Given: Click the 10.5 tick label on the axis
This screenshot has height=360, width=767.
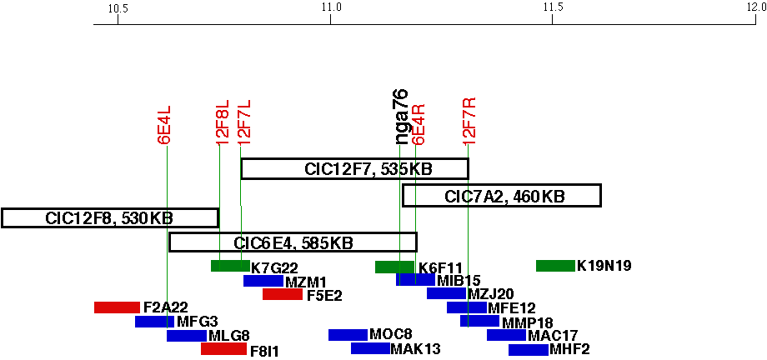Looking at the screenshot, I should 118,8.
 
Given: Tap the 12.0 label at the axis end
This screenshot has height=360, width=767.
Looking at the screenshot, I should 756,8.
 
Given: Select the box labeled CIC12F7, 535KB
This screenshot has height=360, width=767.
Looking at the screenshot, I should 354,168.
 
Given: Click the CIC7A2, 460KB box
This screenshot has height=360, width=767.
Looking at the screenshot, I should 502,196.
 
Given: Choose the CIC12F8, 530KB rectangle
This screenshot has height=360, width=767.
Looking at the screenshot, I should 110,217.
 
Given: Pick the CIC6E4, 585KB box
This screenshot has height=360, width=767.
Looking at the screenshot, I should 293,242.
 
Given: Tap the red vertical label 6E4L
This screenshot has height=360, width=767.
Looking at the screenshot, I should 165,125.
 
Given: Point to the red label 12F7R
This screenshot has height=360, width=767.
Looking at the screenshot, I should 469,121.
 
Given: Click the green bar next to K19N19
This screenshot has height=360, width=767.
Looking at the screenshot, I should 555,266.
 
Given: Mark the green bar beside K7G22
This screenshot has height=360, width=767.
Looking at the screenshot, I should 230,266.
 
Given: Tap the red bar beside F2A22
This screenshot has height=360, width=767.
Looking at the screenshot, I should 117,307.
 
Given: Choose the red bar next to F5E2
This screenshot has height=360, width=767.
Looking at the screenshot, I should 283,294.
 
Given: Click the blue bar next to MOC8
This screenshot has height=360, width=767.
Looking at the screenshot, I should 348,335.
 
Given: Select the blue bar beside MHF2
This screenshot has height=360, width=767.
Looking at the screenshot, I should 528,349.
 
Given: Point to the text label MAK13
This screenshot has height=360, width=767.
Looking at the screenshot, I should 415,349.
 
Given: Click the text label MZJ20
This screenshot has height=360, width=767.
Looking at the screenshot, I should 490,294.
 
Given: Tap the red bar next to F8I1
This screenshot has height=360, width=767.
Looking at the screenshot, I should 223,349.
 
